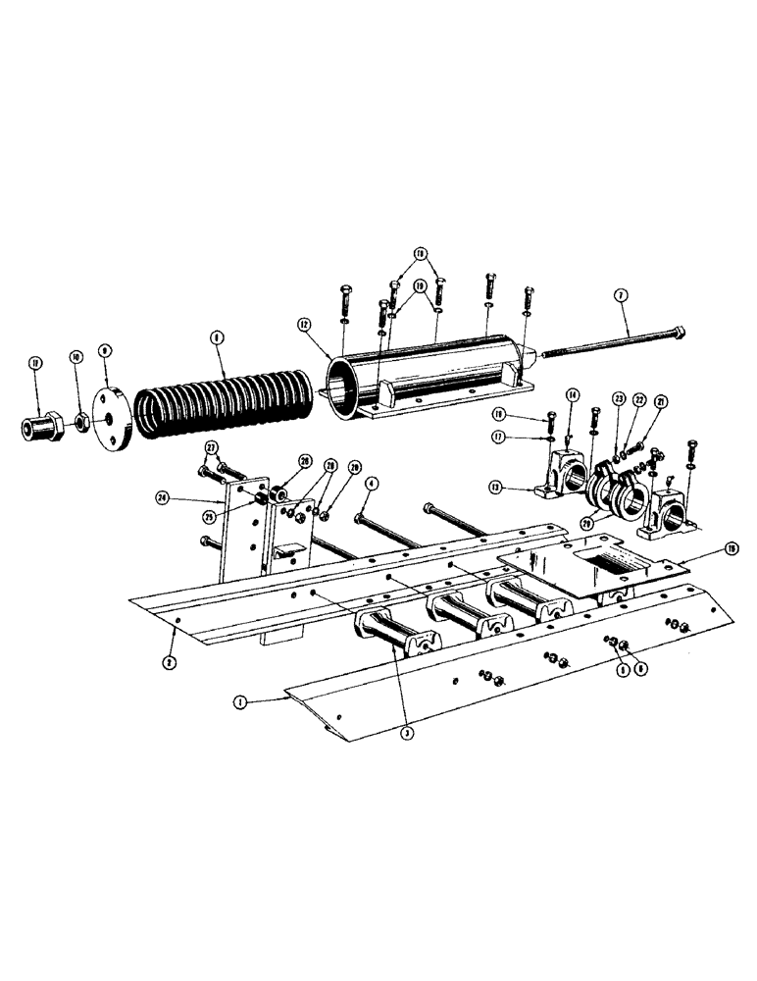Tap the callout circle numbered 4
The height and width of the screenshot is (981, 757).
(372, 483)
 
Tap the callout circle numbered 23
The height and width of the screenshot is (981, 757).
(619, 399)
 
